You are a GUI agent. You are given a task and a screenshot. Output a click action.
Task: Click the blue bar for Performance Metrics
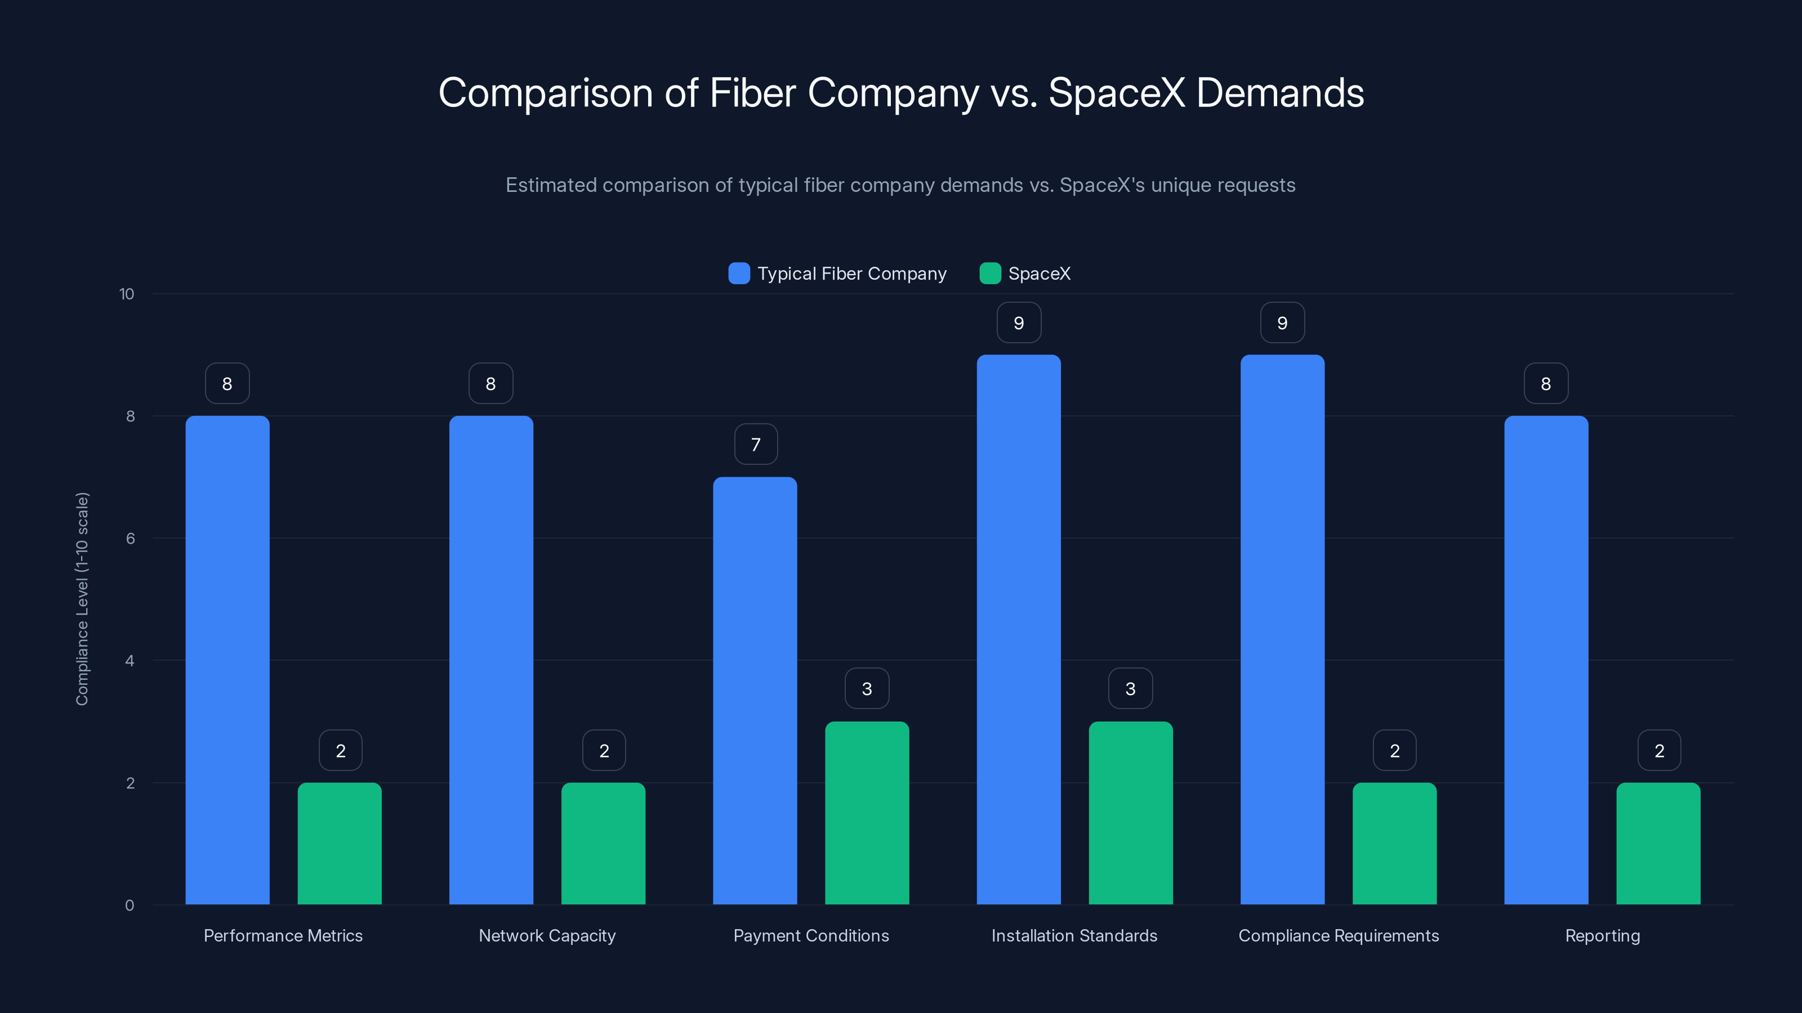[x=228, y=660]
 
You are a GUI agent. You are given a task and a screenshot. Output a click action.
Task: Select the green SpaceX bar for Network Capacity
[x=603, y=843]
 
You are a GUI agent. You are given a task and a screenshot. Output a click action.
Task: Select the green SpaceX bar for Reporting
[x=1658, y=843]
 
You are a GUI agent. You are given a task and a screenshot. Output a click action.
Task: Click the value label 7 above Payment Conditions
[x=756, y=445]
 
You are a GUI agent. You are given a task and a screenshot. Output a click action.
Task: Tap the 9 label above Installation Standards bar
[x=1019, y=323]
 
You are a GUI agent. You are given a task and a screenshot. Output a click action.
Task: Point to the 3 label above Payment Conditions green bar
[x=867, y=689]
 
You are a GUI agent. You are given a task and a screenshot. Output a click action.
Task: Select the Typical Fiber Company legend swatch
[x=739, y=274]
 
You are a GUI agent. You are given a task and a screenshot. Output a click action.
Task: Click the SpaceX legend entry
[x=1039, y=274]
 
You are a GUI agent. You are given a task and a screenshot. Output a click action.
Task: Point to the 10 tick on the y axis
[x=127, y=294]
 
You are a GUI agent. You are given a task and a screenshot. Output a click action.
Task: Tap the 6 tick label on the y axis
[x=130, y=539]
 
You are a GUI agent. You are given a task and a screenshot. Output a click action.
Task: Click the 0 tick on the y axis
[x=130, y=906]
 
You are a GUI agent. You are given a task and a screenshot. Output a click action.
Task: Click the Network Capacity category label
[x=547, y=935]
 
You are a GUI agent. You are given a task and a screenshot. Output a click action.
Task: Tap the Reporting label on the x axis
[x=1602, y=935]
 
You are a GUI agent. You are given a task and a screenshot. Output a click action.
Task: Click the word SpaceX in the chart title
[x=1117, y=93]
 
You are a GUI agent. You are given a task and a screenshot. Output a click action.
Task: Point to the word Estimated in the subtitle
[x=551, y=185]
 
